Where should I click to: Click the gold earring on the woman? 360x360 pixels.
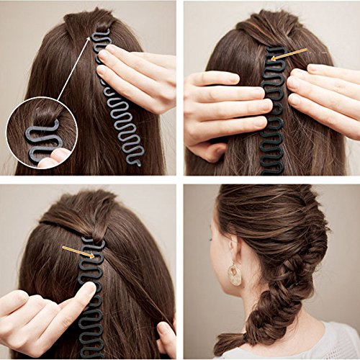(x=235, y=274)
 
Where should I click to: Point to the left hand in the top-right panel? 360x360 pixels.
(x=220, y=108)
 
